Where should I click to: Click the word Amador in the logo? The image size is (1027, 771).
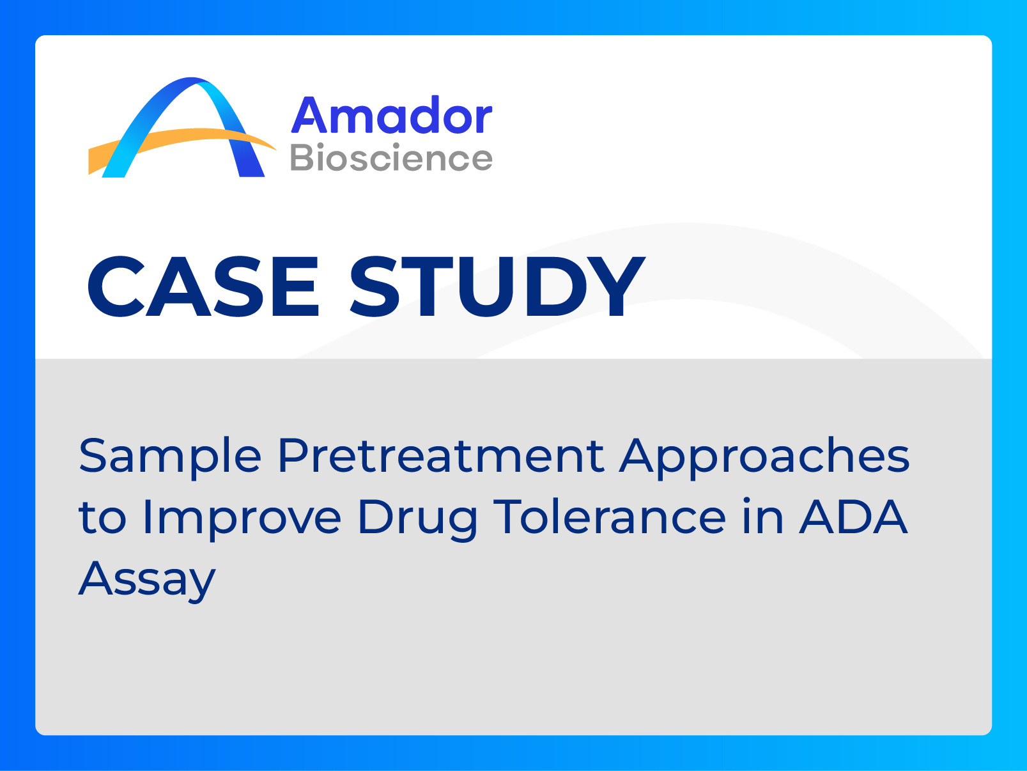pos(392,114)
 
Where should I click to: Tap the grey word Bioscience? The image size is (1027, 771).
pos(391,157)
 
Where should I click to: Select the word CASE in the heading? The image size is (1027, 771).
pos(203,286)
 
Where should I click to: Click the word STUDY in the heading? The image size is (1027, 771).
pos(498,286)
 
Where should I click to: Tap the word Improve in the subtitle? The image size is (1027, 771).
pos(242,519)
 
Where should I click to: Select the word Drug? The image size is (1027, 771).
pos(417,519)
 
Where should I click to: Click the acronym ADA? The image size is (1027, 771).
pos(853,516)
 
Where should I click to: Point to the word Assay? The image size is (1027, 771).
pos(147,580)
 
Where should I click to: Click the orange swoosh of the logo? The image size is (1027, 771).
pos(182,144)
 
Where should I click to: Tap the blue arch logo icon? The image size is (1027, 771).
pos(183,127)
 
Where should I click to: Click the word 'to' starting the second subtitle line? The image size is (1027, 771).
pos(102,518)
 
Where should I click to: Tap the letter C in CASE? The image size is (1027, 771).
pos(117,286)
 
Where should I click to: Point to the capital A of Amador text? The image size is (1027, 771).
pos(308,114)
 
